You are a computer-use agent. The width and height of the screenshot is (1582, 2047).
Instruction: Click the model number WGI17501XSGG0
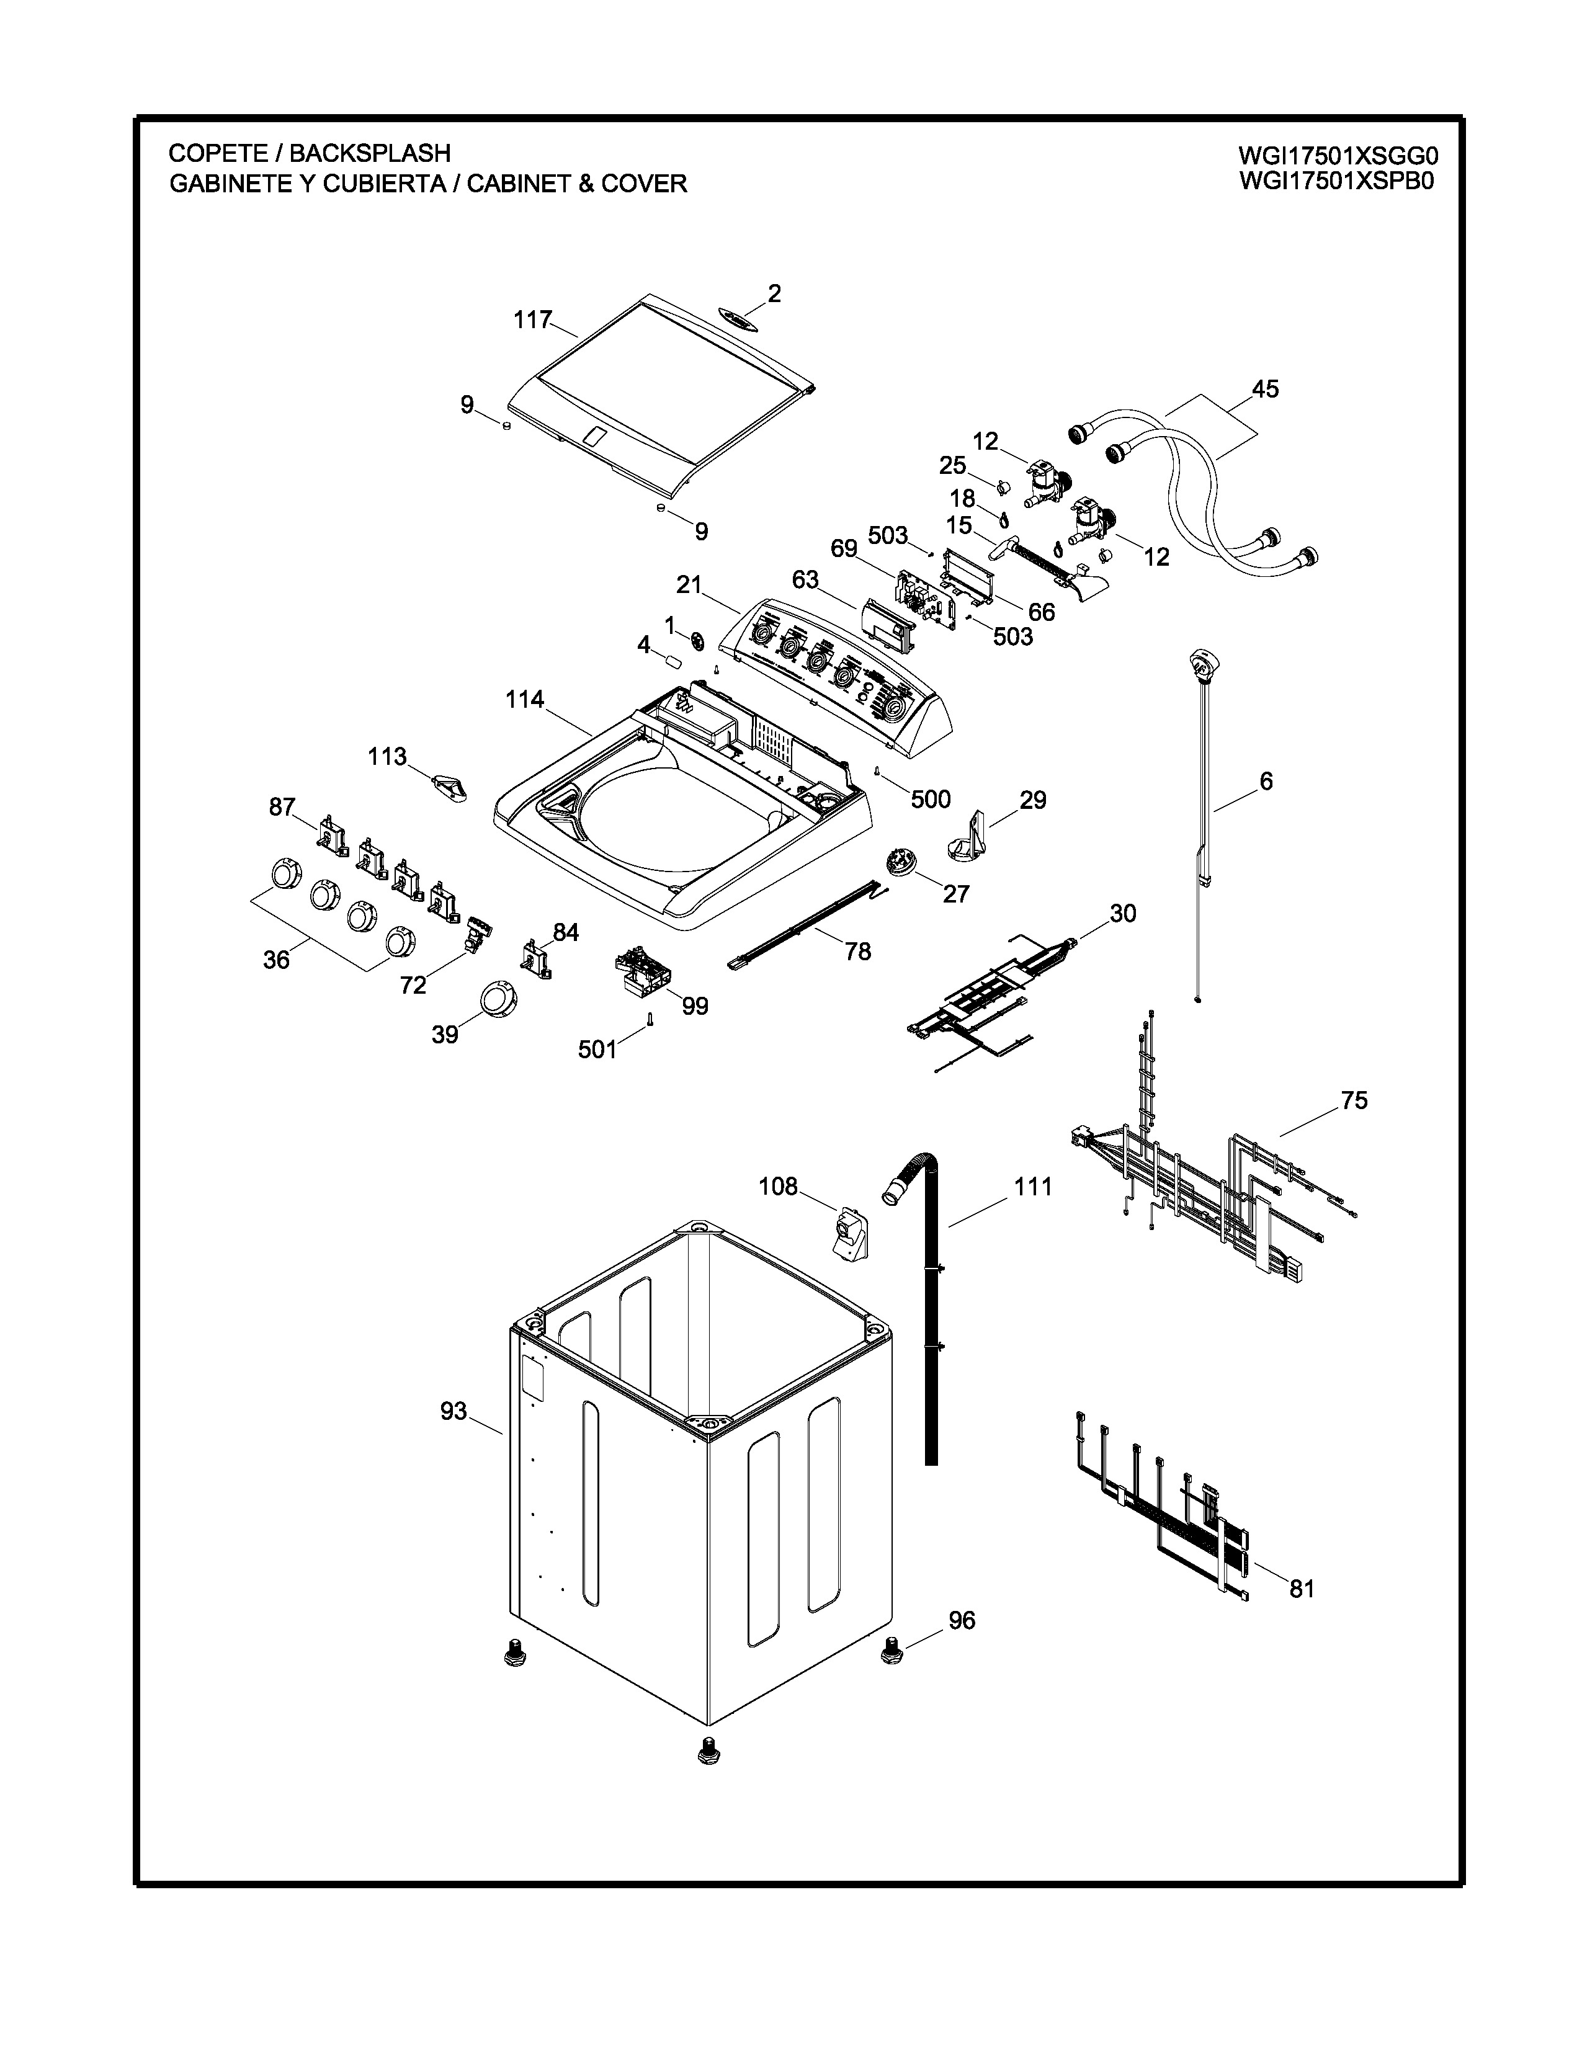coord(1338,154)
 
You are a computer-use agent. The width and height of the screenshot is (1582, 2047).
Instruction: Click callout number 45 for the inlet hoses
coord(1264,389)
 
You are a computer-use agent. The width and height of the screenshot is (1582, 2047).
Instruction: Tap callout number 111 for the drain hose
coord(1033,1187)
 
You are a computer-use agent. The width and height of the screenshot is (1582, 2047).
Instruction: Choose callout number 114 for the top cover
coord(525,699)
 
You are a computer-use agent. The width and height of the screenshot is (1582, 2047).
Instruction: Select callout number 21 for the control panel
coord(689,585)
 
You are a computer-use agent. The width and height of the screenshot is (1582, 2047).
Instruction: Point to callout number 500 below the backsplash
coord(931,800)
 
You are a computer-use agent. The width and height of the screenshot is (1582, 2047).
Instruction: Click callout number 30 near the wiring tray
coord(1123,913)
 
